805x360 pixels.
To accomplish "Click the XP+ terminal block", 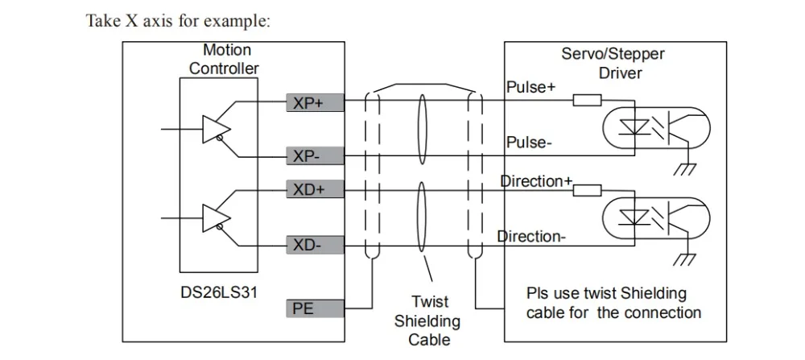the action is (x=316, y=103).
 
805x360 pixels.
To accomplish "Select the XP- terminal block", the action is (x=316, y=155).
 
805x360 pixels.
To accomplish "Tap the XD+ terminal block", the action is (x=316, y=189).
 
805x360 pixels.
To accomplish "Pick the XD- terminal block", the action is (x=316, y=245).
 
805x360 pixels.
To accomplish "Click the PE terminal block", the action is (x=316, y=308).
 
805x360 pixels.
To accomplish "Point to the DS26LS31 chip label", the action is (x=219, y=292).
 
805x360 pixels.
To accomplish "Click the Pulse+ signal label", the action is (x=530, y=87).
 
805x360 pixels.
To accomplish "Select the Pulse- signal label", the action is (x=530, y=142).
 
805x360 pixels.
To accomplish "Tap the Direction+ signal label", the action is (x=536, y=181).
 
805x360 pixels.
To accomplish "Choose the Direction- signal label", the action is (x=531, y=236).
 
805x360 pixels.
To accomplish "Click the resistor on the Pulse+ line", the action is (x=587, y=100).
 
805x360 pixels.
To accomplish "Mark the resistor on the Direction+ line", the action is (x=587, y=190).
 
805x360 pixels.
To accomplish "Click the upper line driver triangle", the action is (x=216, y=129).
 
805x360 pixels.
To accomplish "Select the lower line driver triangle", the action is (x=216, y=218).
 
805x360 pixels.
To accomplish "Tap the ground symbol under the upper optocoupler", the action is (x=685, y=169).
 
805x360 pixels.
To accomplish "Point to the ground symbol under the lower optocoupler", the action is (x=685, y=259).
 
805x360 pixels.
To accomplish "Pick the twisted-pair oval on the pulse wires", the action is (x=422, y=130).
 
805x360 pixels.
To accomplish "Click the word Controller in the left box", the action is (x=224, y=68).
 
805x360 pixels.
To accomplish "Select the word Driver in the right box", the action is (x=620, y=72).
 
